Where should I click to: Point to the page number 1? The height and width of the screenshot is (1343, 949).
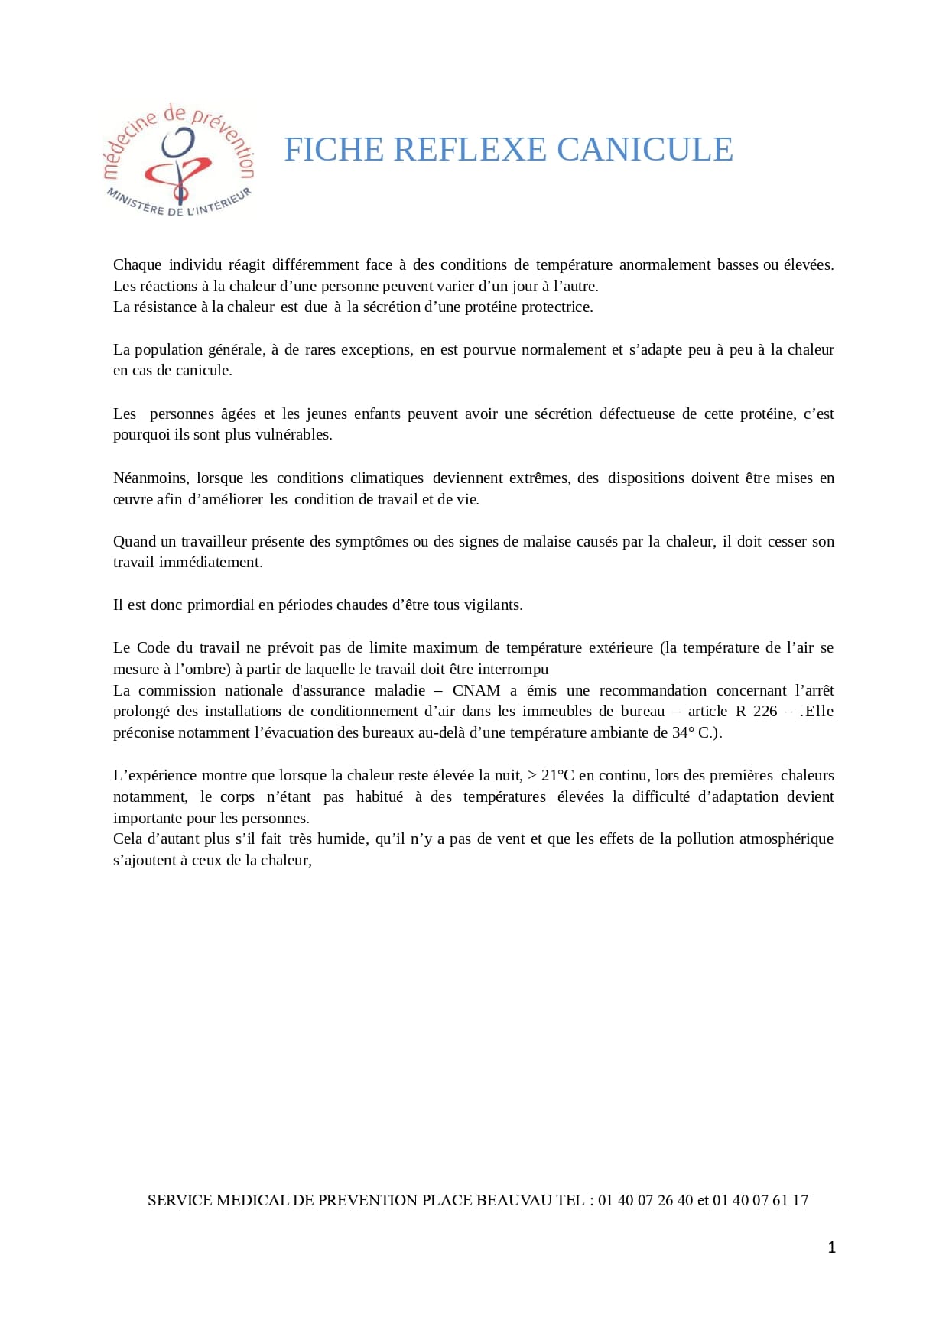[x=832, y=1247]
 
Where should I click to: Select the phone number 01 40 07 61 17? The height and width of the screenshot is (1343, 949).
[x=760, y=1200]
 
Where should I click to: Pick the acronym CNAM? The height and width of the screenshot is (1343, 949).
[x=476, y=690]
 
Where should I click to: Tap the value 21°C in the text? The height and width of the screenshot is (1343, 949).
[x=557, y=775]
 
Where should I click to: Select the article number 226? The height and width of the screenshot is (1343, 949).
[x=765, y=711]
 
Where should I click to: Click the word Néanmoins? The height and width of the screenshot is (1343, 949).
[x=151, y=478]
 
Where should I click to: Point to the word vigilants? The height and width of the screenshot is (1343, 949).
[x=489, y=605]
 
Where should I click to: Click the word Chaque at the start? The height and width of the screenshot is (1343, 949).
[x=137, y=264]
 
